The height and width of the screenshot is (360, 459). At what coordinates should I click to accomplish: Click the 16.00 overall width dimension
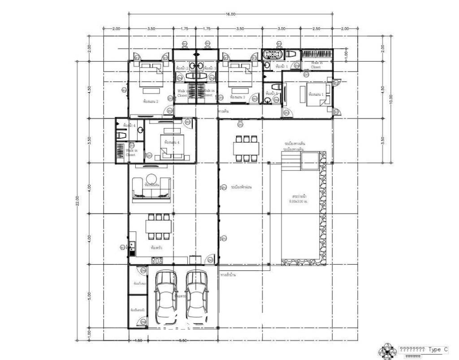pos(230,14)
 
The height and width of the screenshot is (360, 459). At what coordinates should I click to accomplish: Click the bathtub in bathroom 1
pos(273,55)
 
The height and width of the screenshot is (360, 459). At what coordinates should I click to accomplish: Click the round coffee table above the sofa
pos(151,177)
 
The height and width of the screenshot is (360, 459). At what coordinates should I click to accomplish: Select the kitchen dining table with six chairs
pos(158,227)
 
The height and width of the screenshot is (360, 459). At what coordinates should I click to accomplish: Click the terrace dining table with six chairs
pos(246,148)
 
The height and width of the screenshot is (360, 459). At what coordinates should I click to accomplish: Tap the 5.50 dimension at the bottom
pos(183,341)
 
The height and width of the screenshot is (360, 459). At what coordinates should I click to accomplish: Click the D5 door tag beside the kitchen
pos(211,260)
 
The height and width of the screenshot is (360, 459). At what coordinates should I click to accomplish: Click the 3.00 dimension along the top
pos(281,29)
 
